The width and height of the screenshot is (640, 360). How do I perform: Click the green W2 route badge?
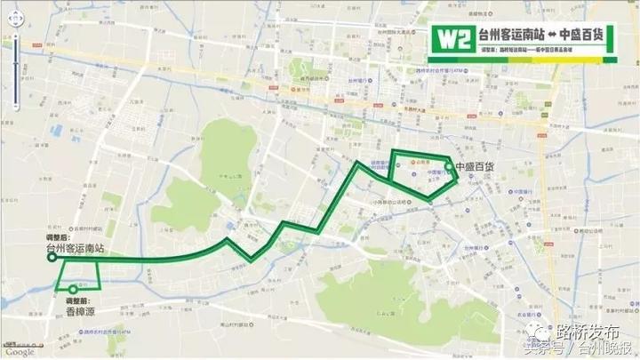[452, 37]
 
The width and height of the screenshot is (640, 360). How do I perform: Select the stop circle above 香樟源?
[74, 289]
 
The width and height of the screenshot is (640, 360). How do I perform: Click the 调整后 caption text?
[57, 238]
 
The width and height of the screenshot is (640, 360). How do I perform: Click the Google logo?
[19, 352]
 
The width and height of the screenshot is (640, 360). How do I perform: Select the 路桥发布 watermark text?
[588, 332]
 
